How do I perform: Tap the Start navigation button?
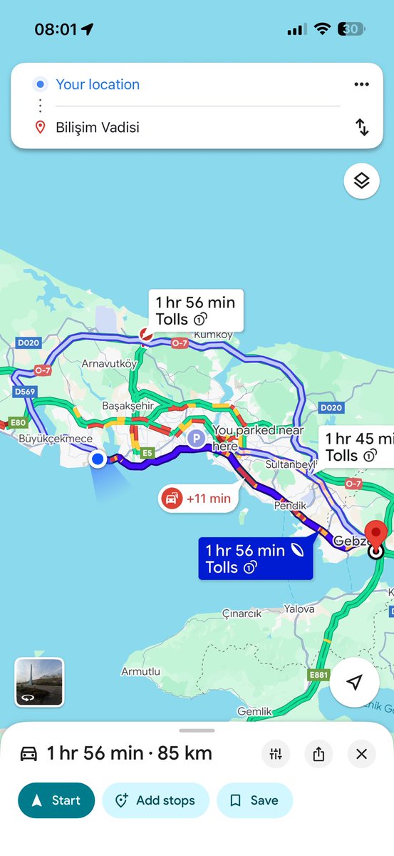click(x=56, y=800)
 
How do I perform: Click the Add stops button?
click(x=155, y=800)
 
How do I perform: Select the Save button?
click(x=254, y=800)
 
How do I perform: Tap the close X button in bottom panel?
click(x=361, y=754)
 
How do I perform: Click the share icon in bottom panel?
click(x=318, y=754)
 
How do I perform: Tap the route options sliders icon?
click(x=276, y=754)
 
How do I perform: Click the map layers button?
click(x=361, y=181)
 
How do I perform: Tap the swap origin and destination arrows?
click(x=362, y=128)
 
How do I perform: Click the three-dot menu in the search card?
click(x=361, y=84)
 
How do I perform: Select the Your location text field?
click(x=178, y=84)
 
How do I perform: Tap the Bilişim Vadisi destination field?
click(x=178, y=128)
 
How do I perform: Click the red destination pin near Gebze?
click(x=375, y=536)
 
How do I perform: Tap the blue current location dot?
click(x=98, y=459)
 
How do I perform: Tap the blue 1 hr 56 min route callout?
click(x=255, y=559)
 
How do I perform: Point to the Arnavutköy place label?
click(x=109, y=364)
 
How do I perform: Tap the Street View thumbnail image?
click(x=39, y=682)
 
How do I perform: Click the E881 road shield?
click(x=319, y=674)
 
